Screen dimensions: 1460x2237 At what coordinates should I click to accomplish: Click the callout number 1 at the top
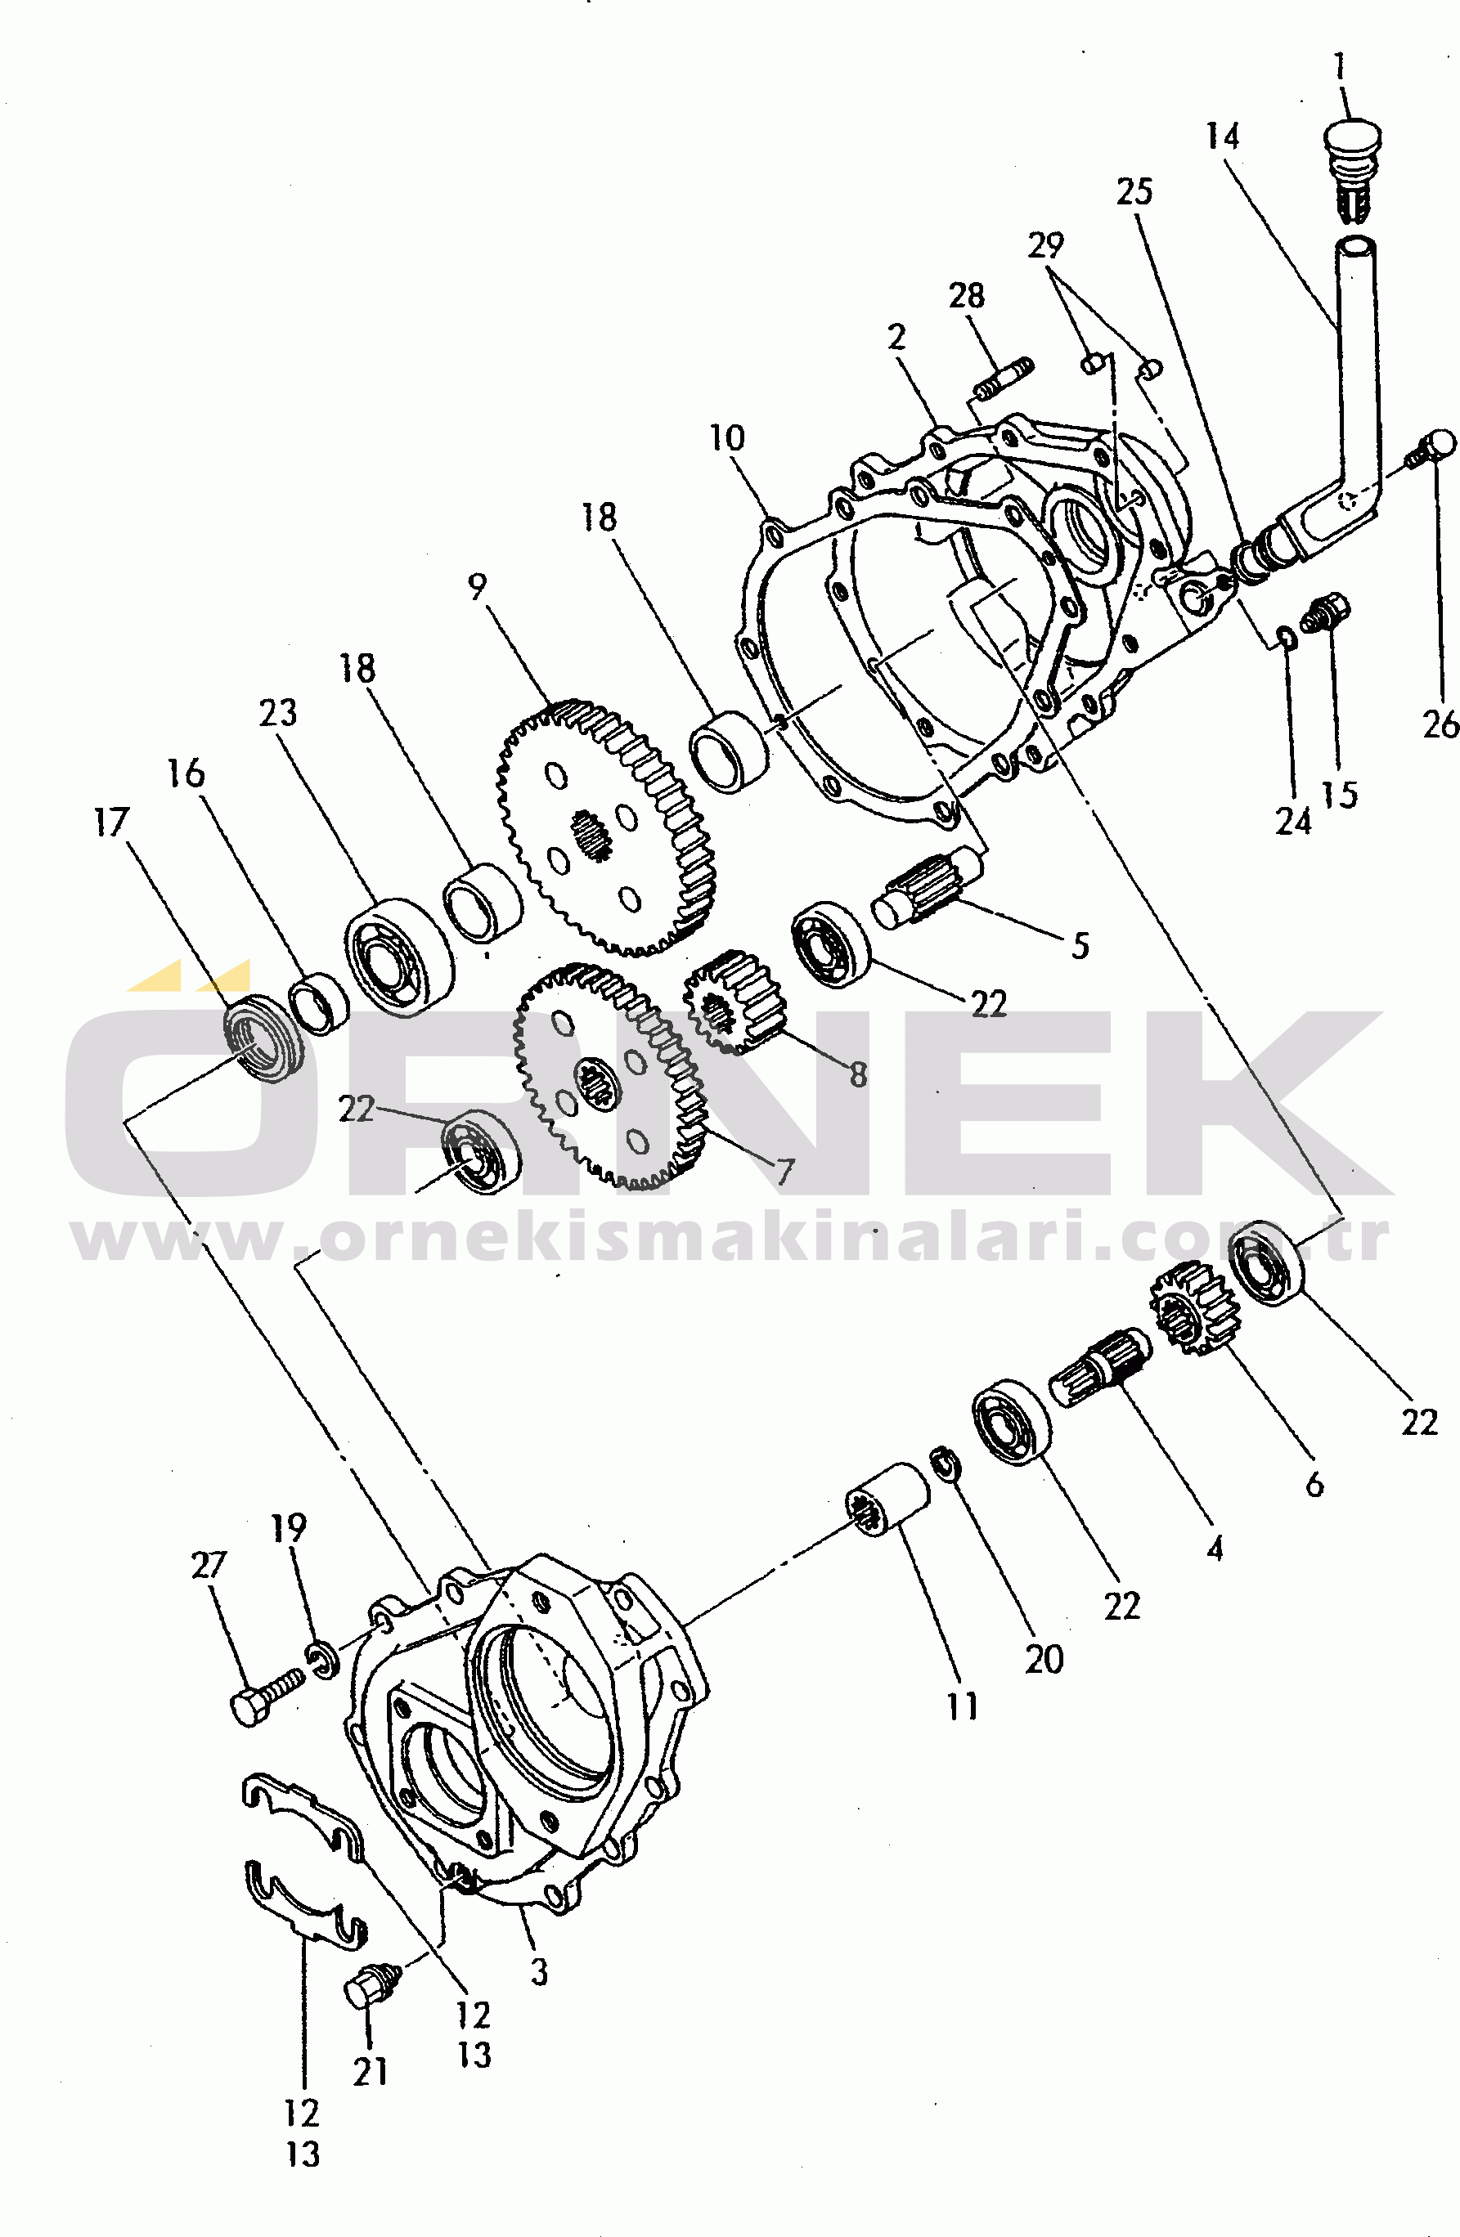click(x=1340, y=67)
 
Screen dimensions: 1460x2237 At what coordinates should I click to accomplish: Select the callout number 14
click(x=1222, y=137)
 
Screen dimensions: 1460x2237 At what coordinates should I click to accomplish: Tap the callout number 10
click(x=726, y=438)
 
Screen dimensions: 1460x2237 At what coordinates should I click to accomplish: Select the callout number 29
click(x=1045, y=246)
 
